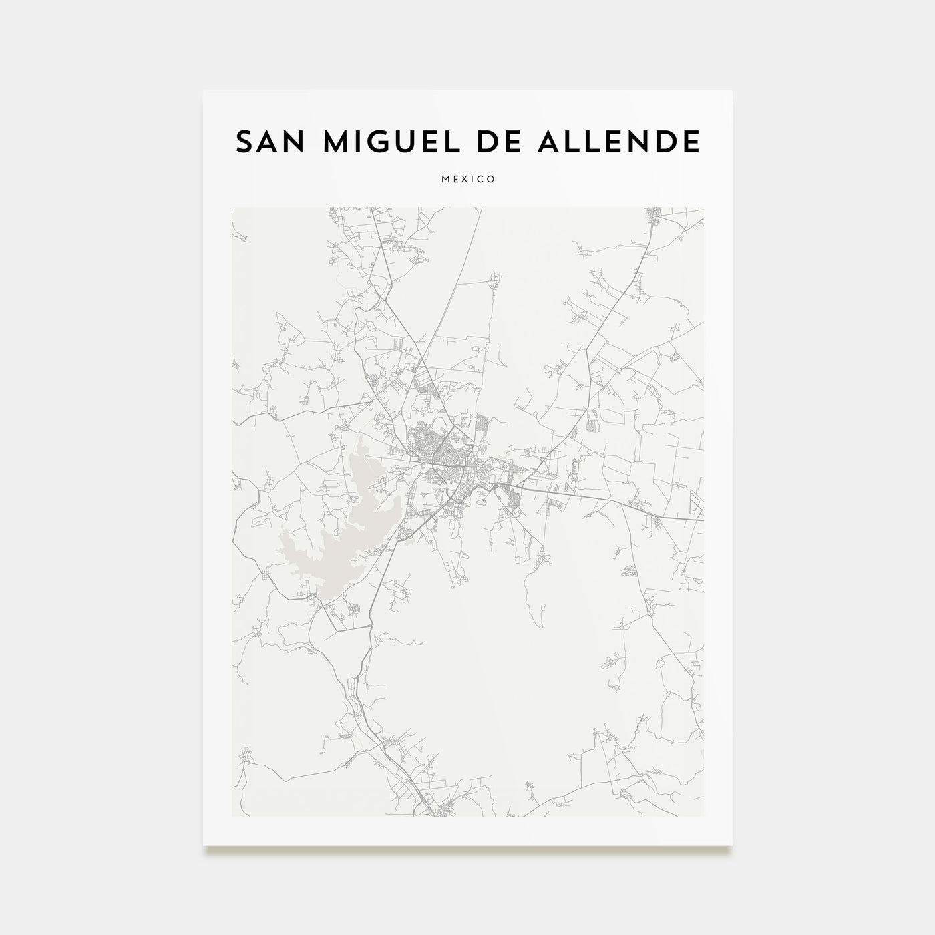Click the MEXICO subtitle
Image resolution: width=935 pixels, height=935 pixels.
tap(467, 180)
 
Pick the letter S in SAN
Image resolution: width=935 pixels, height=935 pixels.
tap(244, 142)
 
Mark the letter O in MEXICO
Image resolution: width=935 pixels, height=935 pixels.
tap(492, 180)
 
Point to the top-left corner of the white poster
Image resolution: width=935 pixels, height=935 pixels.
tap(204, 91)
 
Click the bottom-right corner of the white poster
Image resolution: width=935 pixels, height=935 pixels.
tap(732, 845)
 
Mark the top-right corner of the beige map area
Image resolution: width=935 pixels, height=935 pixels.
tap(703, 208)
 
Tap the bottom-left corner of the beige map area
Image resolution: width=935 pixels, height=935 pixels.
tap(232, 815)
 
